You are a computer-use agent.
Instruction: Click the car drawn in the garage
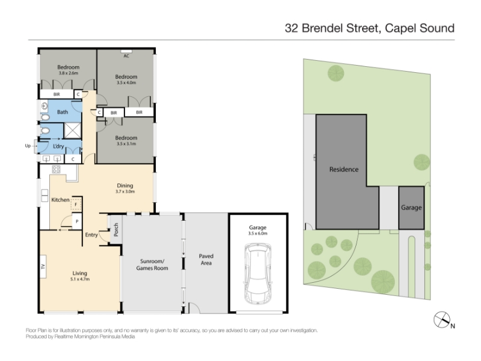(x=258, y=274)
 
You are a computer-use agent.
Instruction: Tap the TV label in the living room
(x=43, y=267)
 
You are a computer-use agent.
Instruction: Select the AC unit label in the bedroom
(x=126, y=56)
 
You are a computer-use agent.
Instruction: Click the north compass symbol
(x=442, y=319)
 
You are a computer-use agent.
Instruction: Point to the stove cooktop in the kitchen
(x=56, y=169)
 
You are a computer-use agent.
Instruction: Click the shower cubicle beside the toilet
(x=72, y=130)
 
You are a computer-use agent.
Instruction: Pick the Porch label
(x=116, y=230)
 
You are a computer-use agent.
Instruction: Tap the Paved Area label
(x=206, y=259)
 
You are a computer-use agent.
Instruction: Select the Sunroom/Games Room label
(x=152, y=265)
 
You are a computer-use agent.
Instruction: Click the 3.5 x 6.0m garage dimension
(x=258, y=233)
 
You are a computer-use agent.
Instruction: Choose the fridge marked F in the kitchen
(x=76, y=204)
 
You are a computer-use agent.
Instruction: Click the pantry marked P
(x=77, y=221)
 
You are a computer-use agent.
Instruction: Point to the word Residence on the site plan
(x=344, y=170)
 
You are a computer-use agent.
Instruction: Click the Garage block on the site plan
(x=411, y=208)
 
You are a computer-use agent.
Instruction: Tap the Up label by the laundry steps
(x=28, y=146)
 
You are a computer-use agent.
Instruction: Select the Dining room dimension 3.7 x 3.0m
(x=125, y=191)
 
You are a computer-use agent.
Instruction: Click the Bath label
(x=63, y=112)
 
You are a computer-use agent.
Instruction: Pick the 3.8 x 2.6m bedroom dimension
(x=69, y=73)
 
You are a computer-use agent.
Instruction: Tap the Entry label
(x=91, y=235)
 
